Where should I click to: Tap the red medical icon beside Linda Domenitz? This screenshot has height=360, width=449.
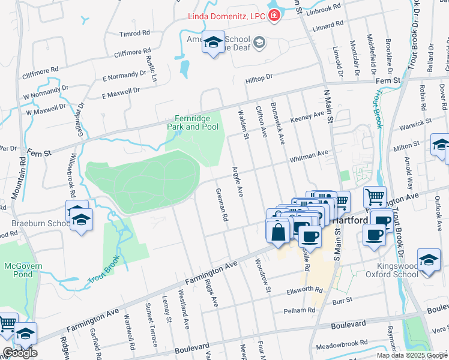point(274,15)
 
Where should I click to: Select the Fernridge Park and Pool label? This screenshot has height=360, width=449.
point(193,122)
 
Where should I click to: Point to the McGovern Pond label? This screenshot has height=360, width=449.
point(22,270)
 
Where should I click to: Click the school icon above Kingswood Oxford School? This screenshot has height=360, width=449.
point(429,259)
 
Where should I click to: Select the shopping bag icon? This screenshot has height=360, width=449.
point(278,231)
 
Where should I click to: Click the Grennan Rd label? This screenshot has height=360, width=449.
point(222,205)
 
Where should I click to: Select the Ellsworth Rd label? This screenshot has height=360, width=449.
point(305,289)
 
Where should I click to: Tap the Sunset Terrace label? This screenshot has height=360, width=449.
point(151,324)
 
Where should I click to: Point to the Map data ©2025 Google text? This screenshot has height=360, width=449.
point(411,355)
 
